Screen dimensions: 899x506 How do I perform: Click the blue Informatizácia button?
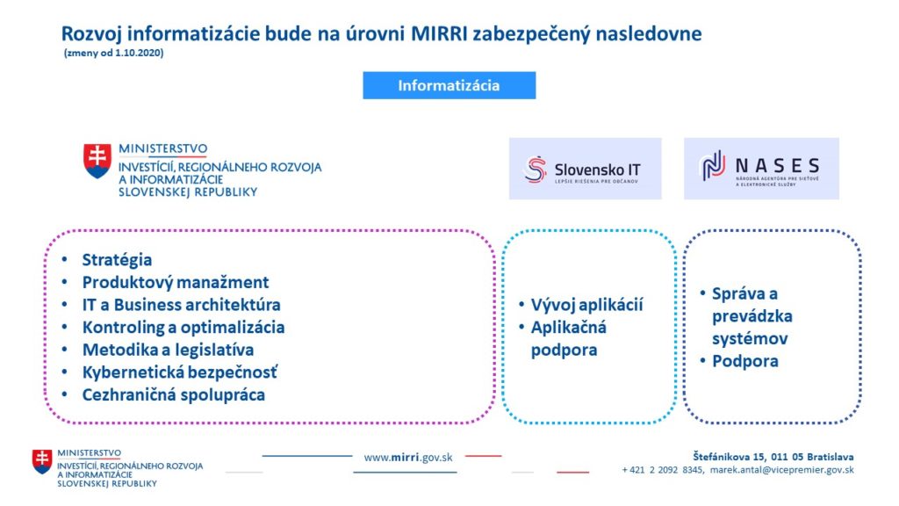(449, 85)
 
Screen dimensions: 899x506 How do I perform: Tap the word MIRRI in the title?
(440, 34)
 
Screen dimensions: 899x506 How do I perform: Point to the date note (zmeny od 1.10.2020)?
(113, 53)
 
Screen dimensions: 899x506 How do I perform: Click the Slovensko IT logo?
(585, 169)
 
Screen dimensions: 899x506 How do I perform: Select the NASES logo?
(761, 169)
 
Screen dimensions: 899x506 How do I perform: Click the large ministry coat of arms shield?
(97, 162)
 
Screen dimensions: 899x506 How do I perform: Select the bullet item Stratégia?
(117, 260)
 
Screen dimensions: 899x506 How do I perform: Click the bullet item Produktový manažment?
(176, 282)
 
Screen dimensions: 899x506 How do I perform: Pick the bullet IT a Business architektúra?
(181, 305)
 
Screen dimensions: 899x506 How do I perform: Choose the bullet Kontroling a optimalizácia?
(183, 327)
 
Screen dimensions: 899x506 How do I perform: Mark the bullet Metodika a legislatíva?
(168, 350)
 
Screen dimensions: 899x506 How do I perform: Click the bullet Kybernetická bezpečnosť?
(180, 372)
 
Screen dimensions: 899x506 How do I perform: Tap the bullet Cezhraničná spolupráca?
(174, 394)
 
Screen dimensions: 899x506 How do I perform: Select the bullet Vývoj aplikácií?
(586, 305)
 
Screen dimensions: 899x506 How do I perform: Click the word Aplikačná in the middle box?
(568, 328)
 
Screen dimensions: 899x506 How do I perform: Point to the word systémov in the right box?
(750, 338)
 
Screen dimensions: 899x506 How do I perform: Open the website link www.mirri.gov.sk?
(408, 458)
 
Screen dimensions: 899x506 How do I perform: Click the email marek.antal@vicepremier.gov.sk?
(782, 470)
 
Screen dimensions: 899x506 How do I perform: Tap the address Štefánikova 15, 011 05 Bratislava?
(773, 457)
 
